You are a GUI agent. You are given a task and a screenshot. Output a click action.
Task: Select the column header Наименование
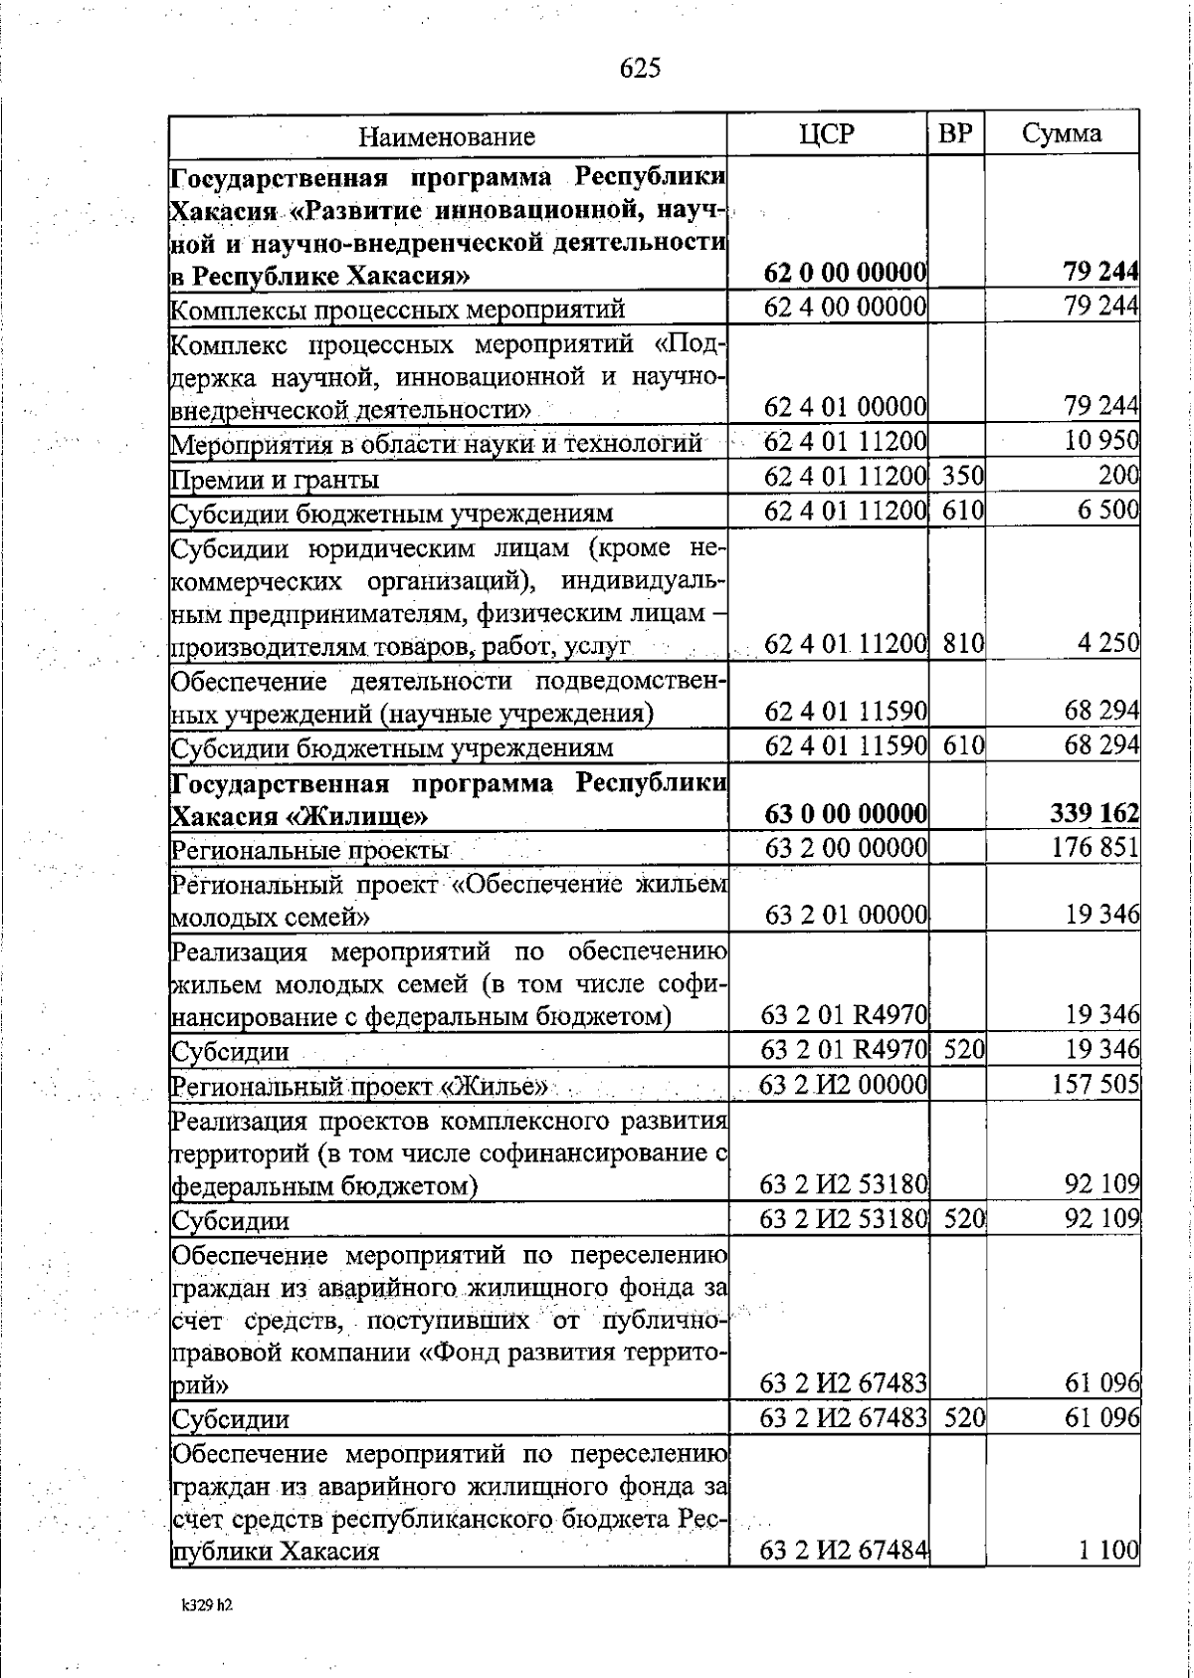pyautogui.click(x=447, y=136)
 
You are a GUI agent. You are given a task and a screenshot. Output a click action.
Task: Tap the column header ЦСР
pyautogui.click(x=827, y=134)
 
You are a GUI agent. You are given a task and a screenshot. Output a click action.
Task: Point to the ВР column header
pyautogui.click(x=955, y=134)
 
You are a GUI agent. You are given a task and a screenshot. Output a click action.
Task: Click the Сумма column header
pyautogui.click(x=1062, y=134)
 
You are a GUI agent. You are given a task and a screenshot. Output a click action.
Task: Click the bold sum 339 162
pyautogui.click(x=1094, y=815)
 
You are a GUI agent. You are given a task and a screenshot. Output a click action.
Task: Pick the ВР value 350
pyautogui.click(x=962, y=478)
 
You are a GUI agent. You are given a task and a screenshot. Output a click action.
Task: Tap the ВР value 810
pyautogui.click(x=962, y=644)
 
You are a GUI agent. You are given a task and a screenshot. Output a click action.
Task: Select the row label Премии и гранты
pyautogui.click(x=275, y=481)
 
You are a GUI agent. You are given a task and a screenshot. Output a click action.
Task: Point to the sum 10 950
pyautogui.click(x=1101, y=440)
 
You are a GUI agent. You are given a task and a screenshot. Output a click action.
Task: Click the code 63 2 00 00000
pyautogui.click(x=846, y=848)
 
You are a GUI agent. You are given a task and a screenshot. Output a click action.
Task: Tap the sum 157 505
pyautogui.click(x=1096, y=1084)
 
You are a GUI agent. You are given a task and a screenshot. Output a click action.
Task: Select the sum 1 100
pyautogui.click(x=1111, y=1550)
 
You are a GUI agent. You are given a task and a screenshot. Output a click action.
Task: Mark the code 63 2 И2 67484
pyautogui.click(x=844, y=1550)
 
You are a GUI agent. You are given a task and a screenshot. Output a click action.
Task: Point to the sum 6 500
pyautogui.click(x=1107, y=513)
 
